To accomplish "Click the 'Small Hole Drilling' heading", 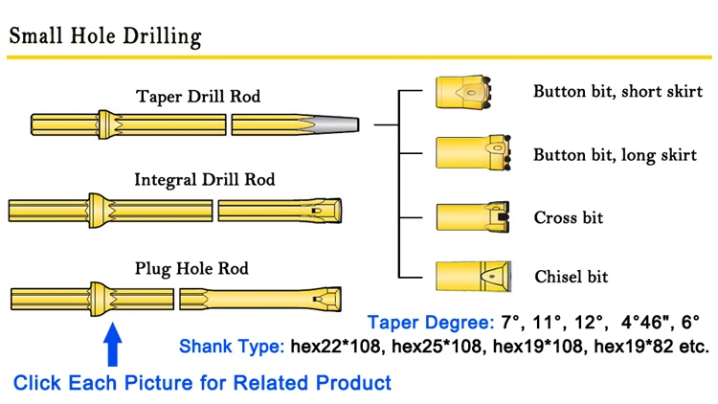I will tap(105, 35).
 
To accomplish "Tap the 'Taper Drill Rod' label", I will tap(198, 97).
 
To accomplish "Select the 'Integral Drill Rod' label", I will tap(204, 179).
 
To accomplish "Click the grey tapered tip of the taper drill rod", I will tap(335, 124).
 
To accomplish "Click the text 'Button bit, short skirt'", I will tap(617, 92).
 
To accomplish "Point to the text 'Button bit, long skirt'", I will tap(615, 155).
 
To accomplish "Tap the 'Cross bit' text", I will tap(569, 217).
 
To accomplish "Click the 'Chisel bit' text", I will tap(571, 277).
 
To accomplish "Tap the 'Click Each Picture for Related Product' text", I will tap(202, 383).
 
